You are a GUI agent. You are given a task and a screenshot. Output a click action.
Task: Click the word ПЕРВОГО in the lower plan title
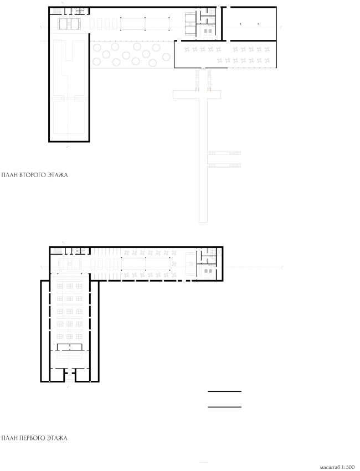[33, 438]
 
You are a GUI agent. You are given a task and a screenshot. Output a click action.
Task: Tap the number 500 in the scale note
[350, 467]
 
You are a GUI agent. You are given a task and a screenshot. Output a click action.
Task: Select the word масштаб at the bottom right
[329, 467]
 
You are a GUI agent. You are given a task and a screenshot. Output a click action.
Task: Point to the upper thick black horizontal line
[225, 391]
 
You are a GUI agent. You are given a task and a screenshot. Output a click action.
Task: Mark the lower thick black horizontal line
[225, 407]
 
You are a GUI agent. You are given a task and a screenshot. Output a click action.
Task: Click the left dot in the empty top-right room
[240, 24]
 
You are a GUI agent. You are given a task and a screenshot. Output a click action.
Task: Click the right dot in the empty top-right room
[258, 24]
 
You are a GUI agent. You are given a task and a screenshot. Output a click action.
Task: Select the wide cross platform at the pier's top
[197, 94]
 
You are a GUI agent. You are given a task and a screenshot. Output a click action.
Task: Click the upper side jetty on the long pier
[224, 153]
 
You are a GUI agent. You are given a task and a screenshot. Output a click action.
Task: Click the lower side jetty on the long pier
[224, 165]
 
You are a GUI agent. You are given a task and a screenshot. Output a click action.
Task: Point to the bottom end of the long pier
[203, 222]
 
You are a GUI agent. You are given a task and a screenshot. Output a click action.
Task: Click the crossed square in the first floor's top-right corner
[213, 251]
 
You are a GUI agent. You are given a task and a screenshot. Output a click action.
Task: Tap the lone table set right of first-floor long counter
[173, 264]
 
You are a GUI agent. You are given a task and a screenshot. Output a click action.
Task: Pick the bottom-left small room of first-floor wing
[57, 375]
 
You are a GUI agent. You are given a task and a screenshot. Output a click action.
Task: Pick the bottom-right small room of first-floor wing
[83, 375]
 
